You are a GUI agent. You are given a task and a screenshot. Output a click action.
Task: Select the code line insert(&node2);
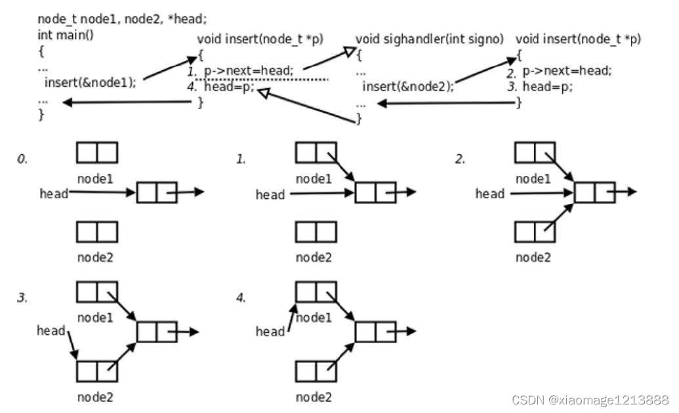[407, 86]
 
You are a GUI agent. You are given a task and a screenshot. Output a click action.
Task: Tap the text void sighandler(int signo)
[430, 39]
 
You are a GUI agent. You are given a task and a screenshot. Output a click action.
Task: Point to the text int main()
[66, 34]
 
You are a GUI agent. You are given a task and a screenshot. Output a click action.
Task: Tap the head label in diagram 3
[51, 330]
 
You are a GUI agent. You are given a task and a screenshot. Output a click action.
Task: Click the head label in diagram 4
[270, 332]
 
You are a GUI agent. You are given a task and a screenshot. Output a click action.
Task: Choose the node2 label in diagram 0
[95, 257]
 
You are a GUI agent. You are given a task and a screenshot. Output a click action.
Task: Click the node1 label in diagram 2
[533, 179]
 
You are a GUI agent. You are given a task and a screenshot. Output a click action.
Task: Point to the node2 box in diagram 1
[316, 232]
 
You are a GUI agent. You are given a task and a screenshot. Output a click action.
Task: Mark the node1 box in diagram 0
[97, 153]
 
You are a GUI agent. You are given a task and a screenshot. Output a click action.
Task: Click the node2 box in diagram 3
[97, 371]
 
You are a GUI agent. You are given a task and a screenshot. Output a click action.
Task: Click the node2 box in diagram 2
[535, 232]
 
